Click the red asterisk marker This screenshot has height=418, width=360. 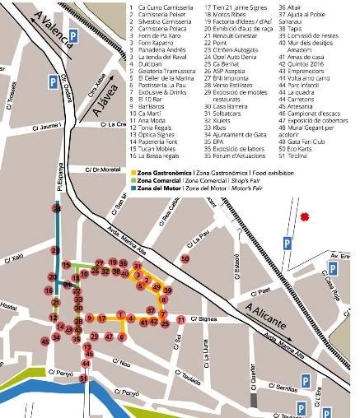coord(306,217)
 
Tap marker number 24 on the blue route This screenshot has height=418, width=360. coord(57,210)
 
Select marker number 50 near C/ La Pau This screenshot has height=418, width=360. coord(185,258)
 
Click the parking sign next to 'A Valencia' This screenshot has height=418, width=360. coord(74,36)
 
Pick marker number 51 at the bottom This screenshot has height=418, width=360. coord(84,379)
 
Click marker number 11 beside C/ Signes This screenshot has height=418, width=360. coord(180,319)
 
